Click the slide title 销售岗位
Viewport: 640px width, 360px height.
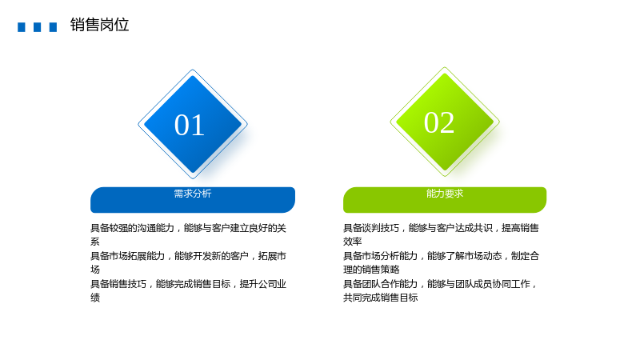[x=99, y=25]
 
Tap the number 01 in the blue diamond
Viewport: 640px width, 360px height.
[x=190, y=125]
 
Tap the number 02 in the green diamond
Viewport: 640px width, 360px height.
[x=439, y=122]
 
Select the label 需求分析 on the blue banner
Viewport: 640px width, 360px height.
[x=193, y=194]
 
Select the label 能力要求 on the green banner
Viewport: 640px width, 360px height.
[x=445, y=194]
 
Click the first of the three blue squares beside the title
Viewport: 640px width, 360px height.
[x=22, y=27]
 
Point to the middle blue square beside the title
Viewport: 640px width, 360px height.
[x=37, y=27]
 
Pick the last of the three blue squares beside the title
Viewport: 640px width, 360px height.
[x=53, y=27]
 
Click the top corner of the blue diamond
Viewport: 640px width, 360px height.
[x=193, y=70]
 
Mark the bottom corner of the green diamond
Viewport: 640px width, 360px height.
[x=445, y=177]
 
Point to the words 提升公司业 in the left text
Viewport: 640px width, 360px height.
[x=263, y=284]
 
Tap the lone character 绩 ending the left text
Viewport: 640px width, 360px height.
[x=95, y=298]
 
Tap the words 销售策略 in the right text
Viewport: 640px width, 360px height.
[x=381, y=270]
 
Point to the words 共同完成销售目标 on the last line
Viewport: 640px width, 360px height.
[x=381, y=298]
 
